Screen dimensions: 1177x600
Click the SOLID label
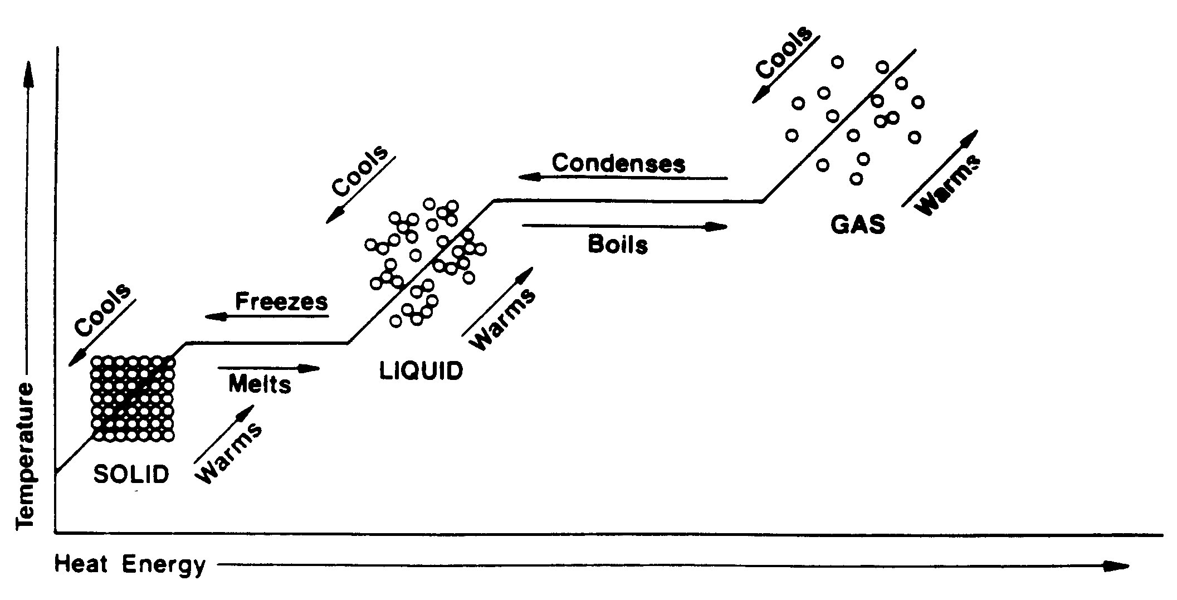tap(131, 474)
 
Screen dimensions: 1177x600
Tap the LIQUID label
tap(421, 371)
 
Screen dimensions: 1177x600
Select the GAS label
tap(858, 225)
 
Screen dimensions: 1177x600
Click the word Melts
tap(260, 384)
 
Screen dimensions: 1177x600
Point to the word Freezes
tap(281, 301)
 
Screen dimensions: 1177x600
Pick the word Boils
tap(618, 245)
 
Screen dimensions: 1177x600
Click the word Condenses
tap(618, 163)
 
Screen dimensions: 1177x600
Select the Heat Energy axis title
tap(130, 565)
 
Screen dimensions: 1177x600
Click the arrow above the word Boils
tap(625, 226)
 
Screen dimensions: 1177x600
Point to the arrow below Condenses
tap(623, 178)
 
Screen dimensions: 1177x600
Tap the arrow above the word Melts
tap(269, 368)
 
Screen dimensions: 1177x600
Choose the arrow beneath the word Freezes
tap(267, 316)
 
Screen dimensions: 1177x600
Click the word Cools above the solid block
tap(103, 310)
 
